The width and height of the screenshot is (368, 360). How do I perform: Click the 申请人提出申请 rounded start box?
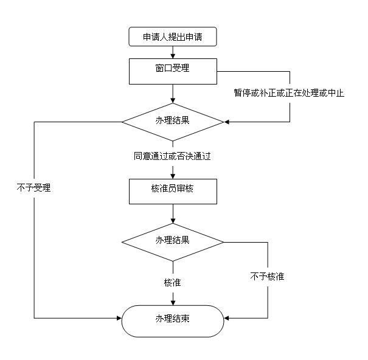pyautogui.click(x=173, y=37)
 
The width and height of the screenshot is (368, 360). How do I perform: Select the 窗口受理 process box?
pyautogui.click(x=173, y=71)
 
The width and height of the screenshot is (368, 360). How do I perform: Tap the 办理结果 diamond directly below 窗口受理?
pyautogui.click(x=173, y=122)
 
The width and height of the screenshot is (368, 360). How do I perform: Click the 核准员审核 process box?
pyautogui.click(x=173, y=190)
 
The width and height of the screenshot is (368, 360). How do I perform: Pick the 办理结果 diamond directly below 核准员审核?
pyautogui.click(x=173, y=241)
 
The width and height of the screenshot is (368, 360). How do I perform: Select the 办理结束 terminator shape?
pyautogui.click(x=173, y=320)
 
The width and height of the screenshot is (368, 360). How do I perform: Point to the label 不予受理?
pyautogui.click(x=33, y=188)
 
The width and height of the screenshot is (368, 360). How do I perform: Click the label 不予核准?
pyautogui.click(x=267, y=277)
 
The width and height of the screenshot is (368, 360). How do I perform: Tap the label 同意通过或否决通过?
pyautogui.click(x=173, y=156)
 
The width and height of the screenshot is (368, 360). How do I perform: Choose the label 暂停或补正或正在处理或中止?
pyautogui.click(x=289, y=93)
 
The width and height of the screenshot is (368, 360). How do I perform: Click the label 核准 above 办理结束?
pyautogui.click(x=173, y=283)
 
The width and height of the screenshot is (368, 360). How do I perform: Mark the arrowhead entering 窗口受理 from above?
pyautogui.click(x=173, y=55)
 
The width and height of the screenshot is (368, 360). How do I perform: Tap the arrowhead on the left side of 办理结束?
pyautogui.click(x=119, y=318)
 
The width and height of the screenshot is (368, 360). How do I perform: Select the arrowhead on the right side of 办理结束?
pyautogui.click(x=226, y=318)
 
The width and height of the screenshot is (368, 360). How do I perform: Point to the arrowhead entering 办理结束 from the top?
pyautogui.click(x=173, y=302)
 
